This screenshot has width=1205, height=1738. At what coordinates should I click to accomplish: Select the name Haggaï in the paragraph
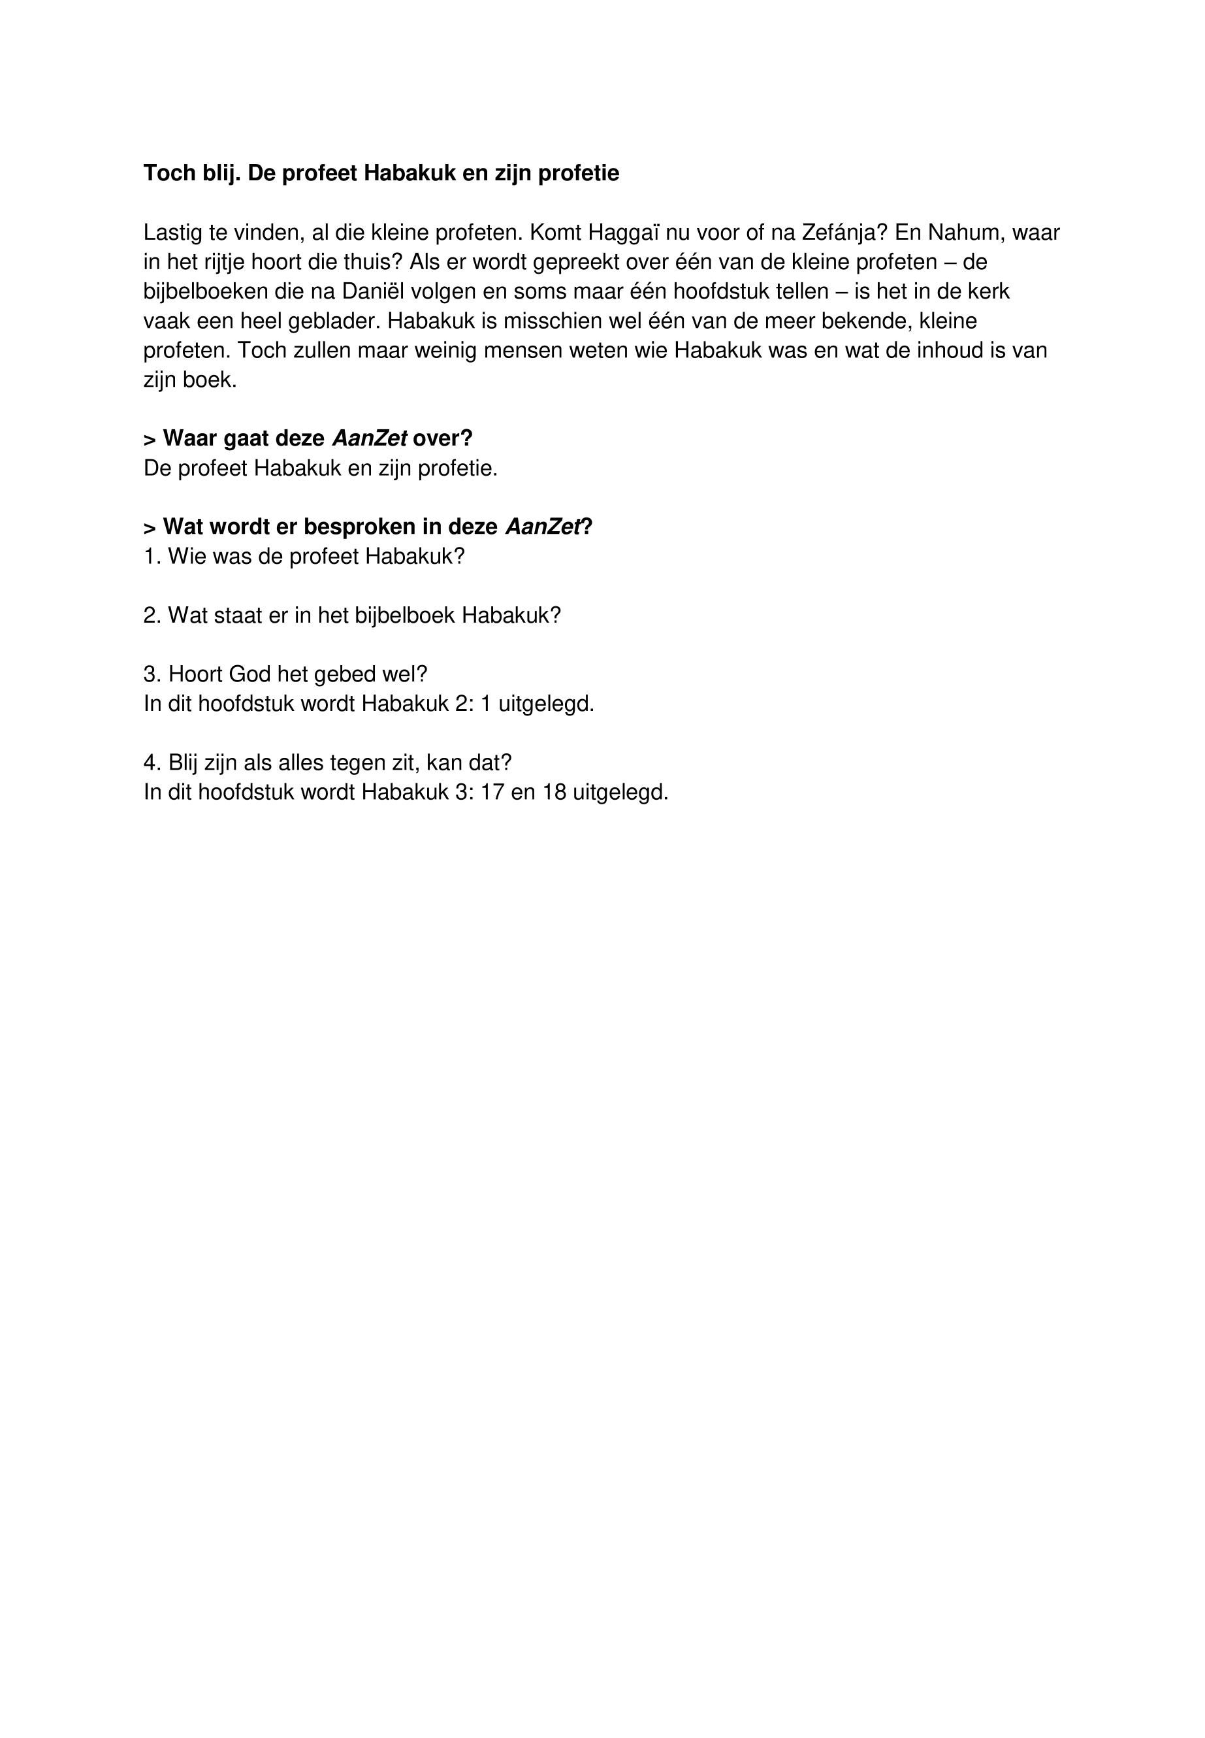tap(623, 233)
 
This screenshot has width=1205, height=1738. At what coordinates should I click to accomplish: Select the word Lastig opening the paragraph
tap(171, 233)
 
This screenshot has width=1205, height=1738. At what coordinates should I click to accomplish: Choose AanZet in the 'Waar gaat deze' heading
tap(369, 438)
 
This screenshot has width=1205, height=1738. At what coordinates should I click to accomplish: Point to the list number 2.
tap(150, 615)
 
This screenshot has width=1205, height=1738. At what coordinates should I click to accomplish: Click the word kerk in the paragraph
tap(988, 291)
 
